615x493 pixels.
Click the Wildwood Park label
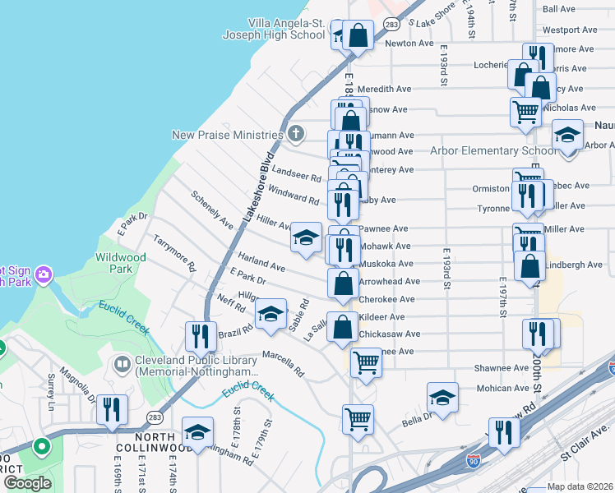[121, 263]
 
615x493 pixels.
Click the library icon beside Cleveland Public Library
[123, 363]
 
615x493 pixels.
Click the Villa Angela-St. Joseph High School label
[275, 30]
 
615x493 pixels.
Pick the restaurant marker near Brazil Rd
[200, 335]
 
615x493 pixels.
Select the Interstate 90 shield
[474, 463]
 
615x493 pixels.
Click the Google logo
[26, 483]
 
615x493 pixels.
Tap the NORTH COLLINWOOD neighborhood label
[146, 441]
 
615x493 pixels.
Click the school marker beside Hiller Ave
[306, 238]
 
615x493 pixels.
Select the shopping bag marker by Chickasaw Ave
[342, 328]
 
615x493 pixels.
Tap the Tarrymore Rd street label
[175, 253]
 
